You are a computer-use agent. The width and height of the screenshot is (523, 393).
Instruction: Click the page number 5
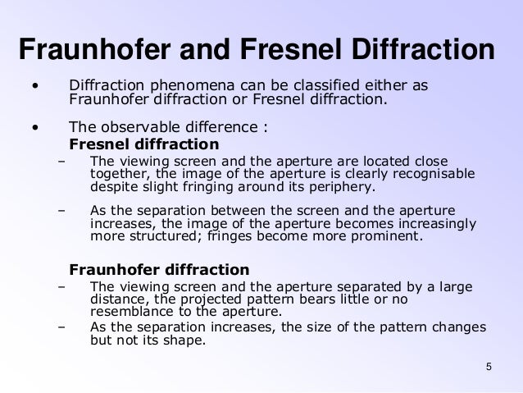pos(489,366)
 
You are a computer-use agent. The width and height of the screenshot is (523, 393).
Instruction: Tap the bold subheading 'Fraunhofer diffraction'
pos(159,269)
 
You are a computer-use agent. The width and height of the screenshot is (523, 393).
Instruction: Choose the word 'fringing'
pos(190,185)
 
